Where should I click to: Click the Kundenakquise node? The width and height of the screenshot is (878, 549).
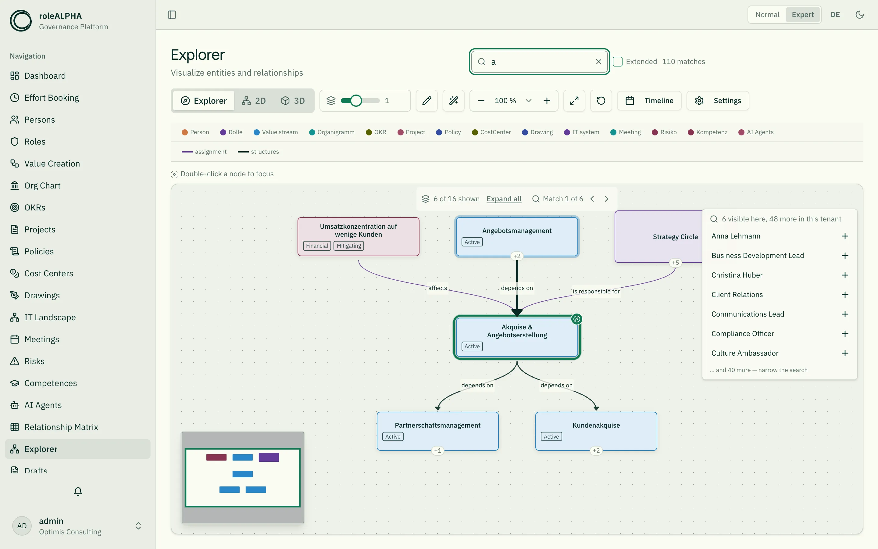click(x=596, y=431)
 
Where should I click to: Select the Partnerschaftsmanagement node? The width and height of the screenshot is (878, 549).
click(x=437, y=431)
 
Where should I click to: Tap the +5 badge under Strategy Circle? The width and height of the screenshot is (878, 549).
click(x=675, y=263)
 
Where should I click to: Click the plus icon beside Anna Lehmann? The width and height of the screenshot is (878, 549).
click(x=845, y=236)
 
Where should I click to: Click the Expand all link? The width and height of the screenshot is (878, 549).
click(x=504, y=199)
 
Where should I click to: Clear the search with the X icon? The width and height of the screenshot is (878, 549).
click(x=599, y=62)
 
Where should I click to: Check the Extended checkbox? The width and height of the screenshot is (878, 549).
click(x=618, y=62)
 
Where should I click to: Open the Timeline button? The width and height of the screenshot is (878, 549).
click(x=649, y=101)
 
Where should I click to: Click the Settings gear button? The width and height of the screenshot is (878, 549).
click(x=718, y=101)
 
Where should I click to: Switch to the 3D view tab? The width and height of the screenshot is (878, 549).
click(x=293, y=101)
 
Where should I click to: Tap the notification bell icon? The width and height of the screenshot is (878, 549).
click(x=78, y=491)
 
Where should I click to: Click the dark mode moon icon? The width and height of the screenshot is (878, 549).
click(x=859, y=15)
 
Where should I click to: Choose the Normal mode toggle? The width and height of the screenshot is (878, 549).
click(x=767, y=15)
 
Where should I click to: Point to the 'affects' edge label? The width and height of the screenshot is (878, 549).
click(x=437, y=288)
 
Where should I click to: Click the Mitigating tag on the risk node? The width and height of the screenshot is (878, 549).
click(x=349, y=246)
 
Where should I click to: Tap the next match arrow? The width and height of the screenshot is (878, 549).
click(x=606, y=199)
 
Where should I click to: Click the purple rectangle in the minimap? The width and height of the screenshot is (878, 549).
click(x=269, y=457)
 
